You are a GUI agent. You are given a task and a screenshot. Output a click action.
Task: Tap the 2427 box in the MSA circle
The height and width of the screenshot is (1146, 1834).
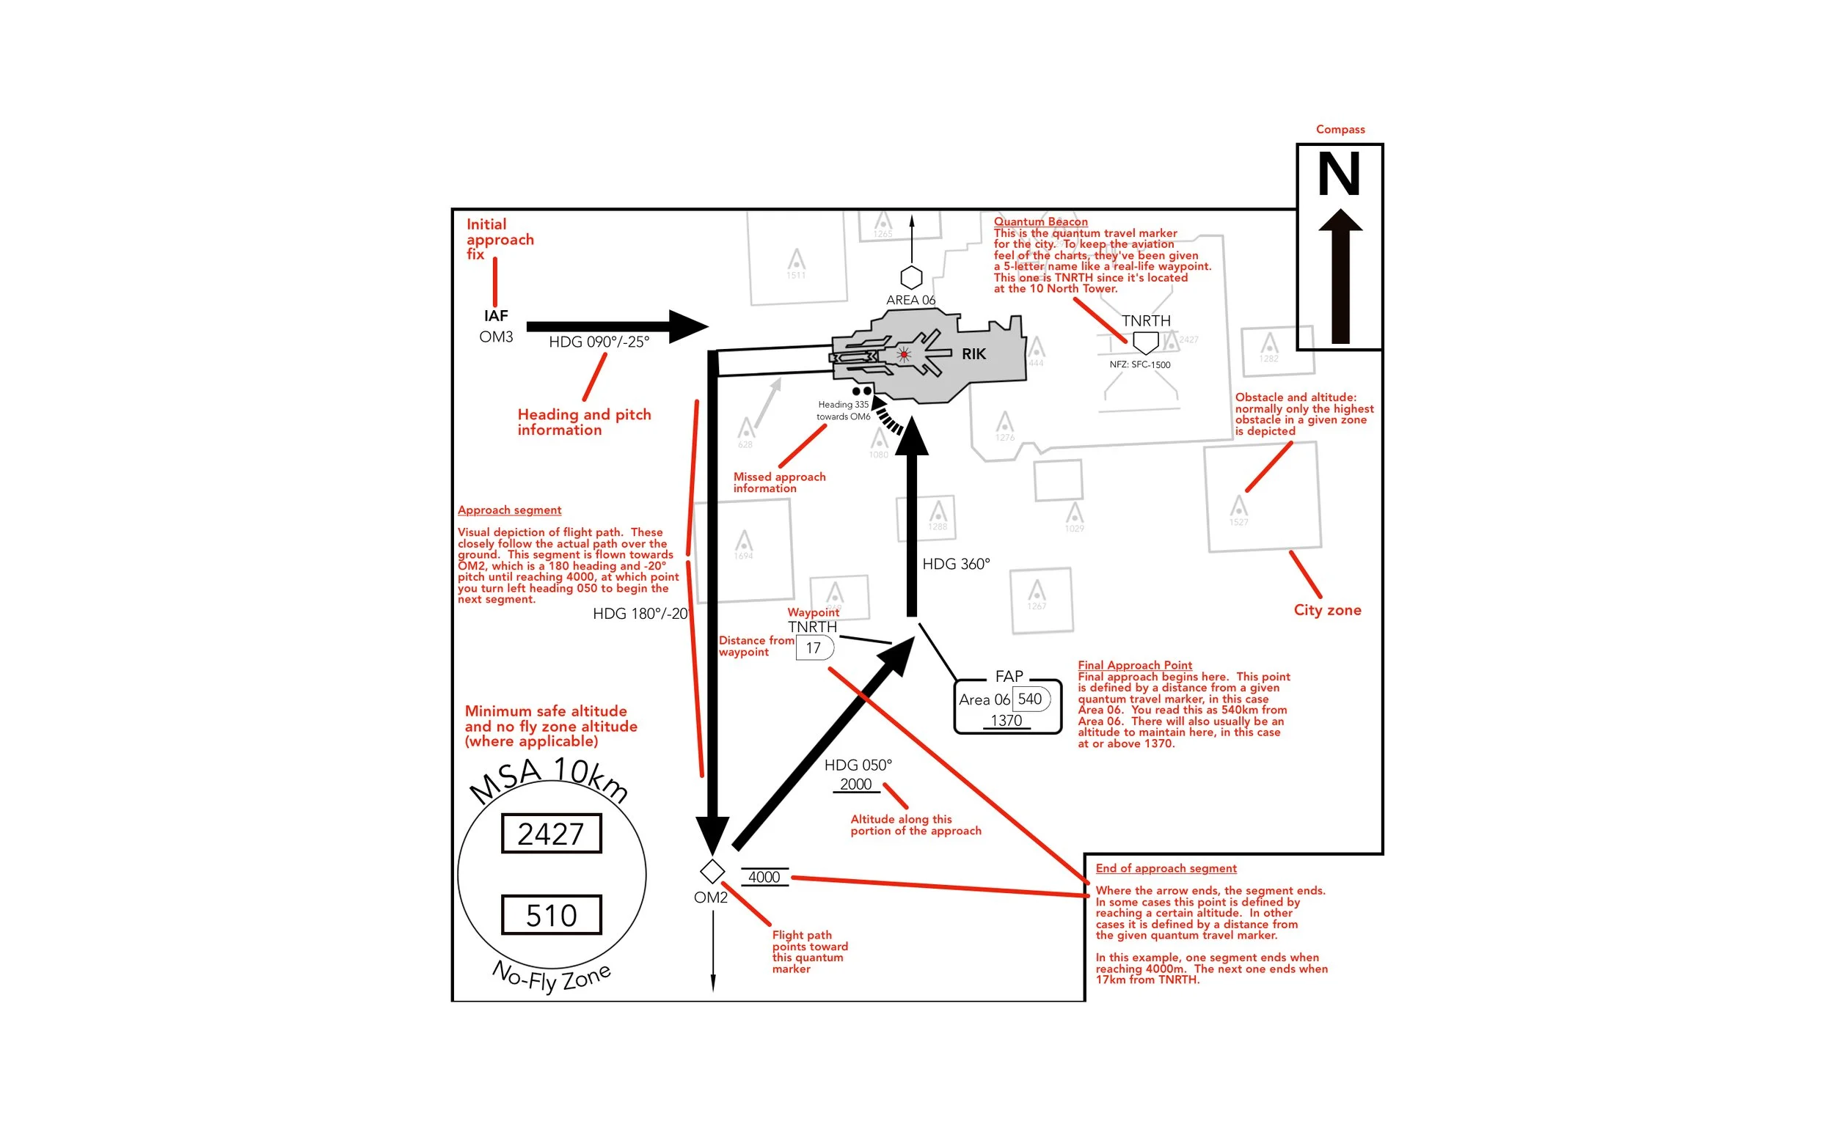pos(551,834)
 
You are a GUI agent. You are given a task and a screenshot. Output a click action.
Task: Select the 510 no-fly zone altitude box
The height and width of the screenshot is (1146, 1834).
pos(551,915)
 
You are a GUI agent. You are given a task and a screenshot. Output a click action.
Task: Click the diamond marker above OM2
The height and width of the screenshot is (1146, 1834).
pos(712,871)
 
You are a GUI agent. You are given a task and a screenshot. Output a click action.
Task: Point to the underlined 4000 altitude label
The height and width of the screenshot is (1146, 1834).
pos(764,877)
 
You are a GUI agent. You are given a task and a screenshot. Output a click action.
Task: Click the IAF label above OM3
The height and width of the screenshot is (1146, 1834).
pos(496,315)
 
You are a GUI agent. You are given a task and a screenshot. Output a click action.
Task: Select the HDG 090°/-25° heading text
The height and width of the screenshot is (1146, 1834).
pos(599,342)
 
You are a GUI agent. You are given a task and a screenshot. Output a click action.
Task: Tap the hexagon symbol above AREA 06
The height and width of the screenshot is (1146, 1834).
pos(911,277)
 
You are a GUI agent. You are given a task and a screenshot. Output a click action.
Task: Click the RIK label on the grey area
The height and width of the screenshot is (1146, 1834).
pos(973,354)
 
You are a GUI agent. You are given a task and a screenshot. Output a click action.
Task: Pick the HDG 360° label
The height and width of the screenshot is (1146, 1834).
pos(956,564)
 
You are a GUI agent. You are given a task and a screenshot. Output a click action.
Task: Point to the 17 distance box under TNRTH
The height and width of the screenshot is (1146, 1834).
pos(814,648)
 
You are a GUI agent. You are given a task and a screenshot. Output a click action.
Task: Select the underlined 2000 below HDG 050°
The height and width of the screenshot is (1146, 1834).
pos(856,785)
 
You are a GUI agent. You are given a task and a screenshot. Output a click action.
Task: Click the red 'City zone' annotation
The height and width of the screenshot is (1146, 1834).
pos(1327,610)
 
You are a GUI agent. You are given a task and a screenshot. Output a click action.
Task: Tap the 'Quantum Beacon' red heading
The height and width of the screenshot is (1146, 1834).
pos(1040,221)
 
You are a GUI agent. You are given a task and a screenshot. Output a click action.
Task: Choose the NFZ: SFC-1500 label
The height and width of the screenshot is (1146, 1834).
pos(1139,364)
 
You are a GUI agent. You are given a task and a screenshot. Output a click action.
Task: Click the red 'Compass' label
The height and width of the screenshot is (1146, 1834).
pos(1340,129)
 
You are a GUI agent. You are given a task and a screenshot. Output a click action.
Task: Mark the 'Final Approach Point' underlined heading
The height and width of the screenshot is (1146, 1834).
pos(1134,665)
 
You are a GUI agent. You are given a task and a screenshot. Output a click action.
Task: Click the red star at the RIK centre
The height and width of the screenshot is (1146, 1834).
pos(904,354)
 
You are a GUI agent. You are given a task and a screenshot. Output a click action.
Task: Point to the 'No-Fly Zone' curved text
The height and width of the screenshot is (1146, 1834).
pos(551,977)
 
